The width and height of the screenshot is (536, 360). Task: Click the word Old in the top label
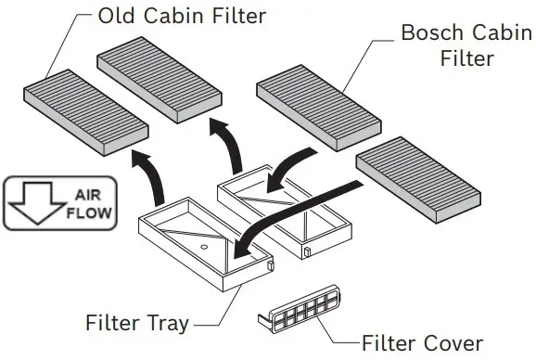(120, 17)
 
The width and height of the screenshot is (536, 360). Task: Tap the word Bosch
(428, 32)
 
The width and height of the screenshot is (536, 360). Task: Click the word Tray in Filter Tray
(167, 324)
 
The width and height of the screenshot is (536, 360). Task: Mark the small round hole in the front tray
(202, 251)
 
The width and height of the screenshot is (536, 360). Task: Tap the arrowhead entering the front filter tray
(244, 248)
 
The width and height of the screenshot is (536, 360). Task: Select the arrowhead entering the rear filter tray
(275, 180)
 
